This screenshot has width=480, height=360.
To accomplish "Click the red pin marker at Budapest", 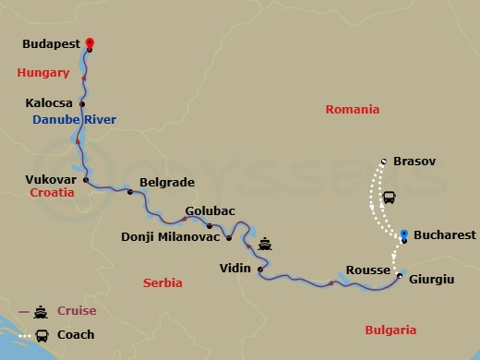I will point(90,42).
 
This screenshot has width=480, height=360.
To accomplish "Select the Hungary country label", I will point(42,72).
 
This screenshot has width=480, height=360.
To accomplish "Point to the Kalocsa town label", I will point(52,103).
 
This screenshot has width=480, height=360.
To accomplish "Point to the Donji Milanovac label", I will point(171,237).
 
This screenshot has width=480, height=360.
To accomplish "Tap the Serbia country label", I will point(162,283).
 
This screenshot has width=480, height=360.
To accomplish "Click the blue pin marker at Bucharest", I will point(404,234).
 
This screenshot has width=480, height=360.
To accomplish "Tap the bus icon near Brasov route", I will point(390,198).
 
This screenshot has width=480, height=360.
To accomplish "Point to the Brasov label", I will point(414,162).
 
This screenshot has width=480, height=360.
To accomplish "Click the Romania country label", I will point(352,109).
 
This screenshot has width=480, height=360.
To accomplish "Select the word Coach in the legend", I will point(76,334).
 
